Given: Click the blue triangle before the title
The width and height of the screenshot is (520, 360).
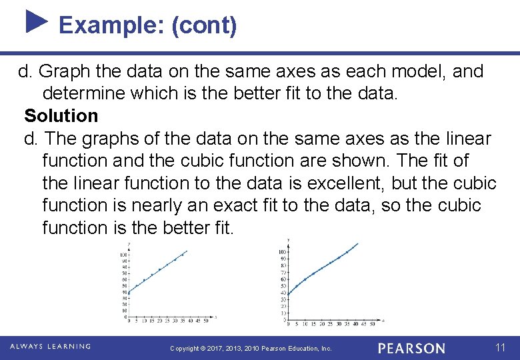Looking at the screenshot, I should tap(37, 21).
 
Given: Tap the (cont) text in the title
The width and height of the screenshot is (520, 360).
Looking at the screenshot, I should tap(204, 25).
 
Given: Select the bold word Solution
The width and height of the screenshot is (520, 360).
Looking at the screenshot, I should tap(61, 116).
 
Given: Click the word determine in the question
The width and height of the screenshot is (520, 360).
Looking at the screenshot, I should tap(85, 93).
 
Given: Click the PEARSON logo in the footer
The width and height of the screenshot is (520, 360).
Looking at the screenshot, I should tap(411, 348).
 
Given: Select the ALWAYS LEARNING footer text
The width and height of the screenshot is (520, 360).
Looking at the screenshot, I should tap(51, 347).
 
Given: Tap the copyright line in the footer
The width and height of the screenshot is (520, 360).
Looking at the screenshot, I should tap(251, 349).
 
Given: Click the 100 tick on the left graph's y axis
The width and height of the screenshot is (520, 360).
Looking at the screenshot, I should tap(123, 255).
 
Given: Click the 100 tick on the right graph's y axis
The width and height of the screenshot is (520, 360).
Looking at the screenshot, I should tap(283, 251).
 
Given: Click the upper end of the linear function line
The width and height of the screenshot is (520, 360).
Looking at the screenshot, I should tap(187, 251).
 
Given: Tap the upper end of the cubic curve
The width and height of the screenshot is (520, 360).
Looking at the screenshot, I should tap(357, 243).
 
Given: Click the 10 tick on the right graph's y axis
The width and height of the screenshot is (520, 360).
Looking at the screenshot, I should tap(283, 313).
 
